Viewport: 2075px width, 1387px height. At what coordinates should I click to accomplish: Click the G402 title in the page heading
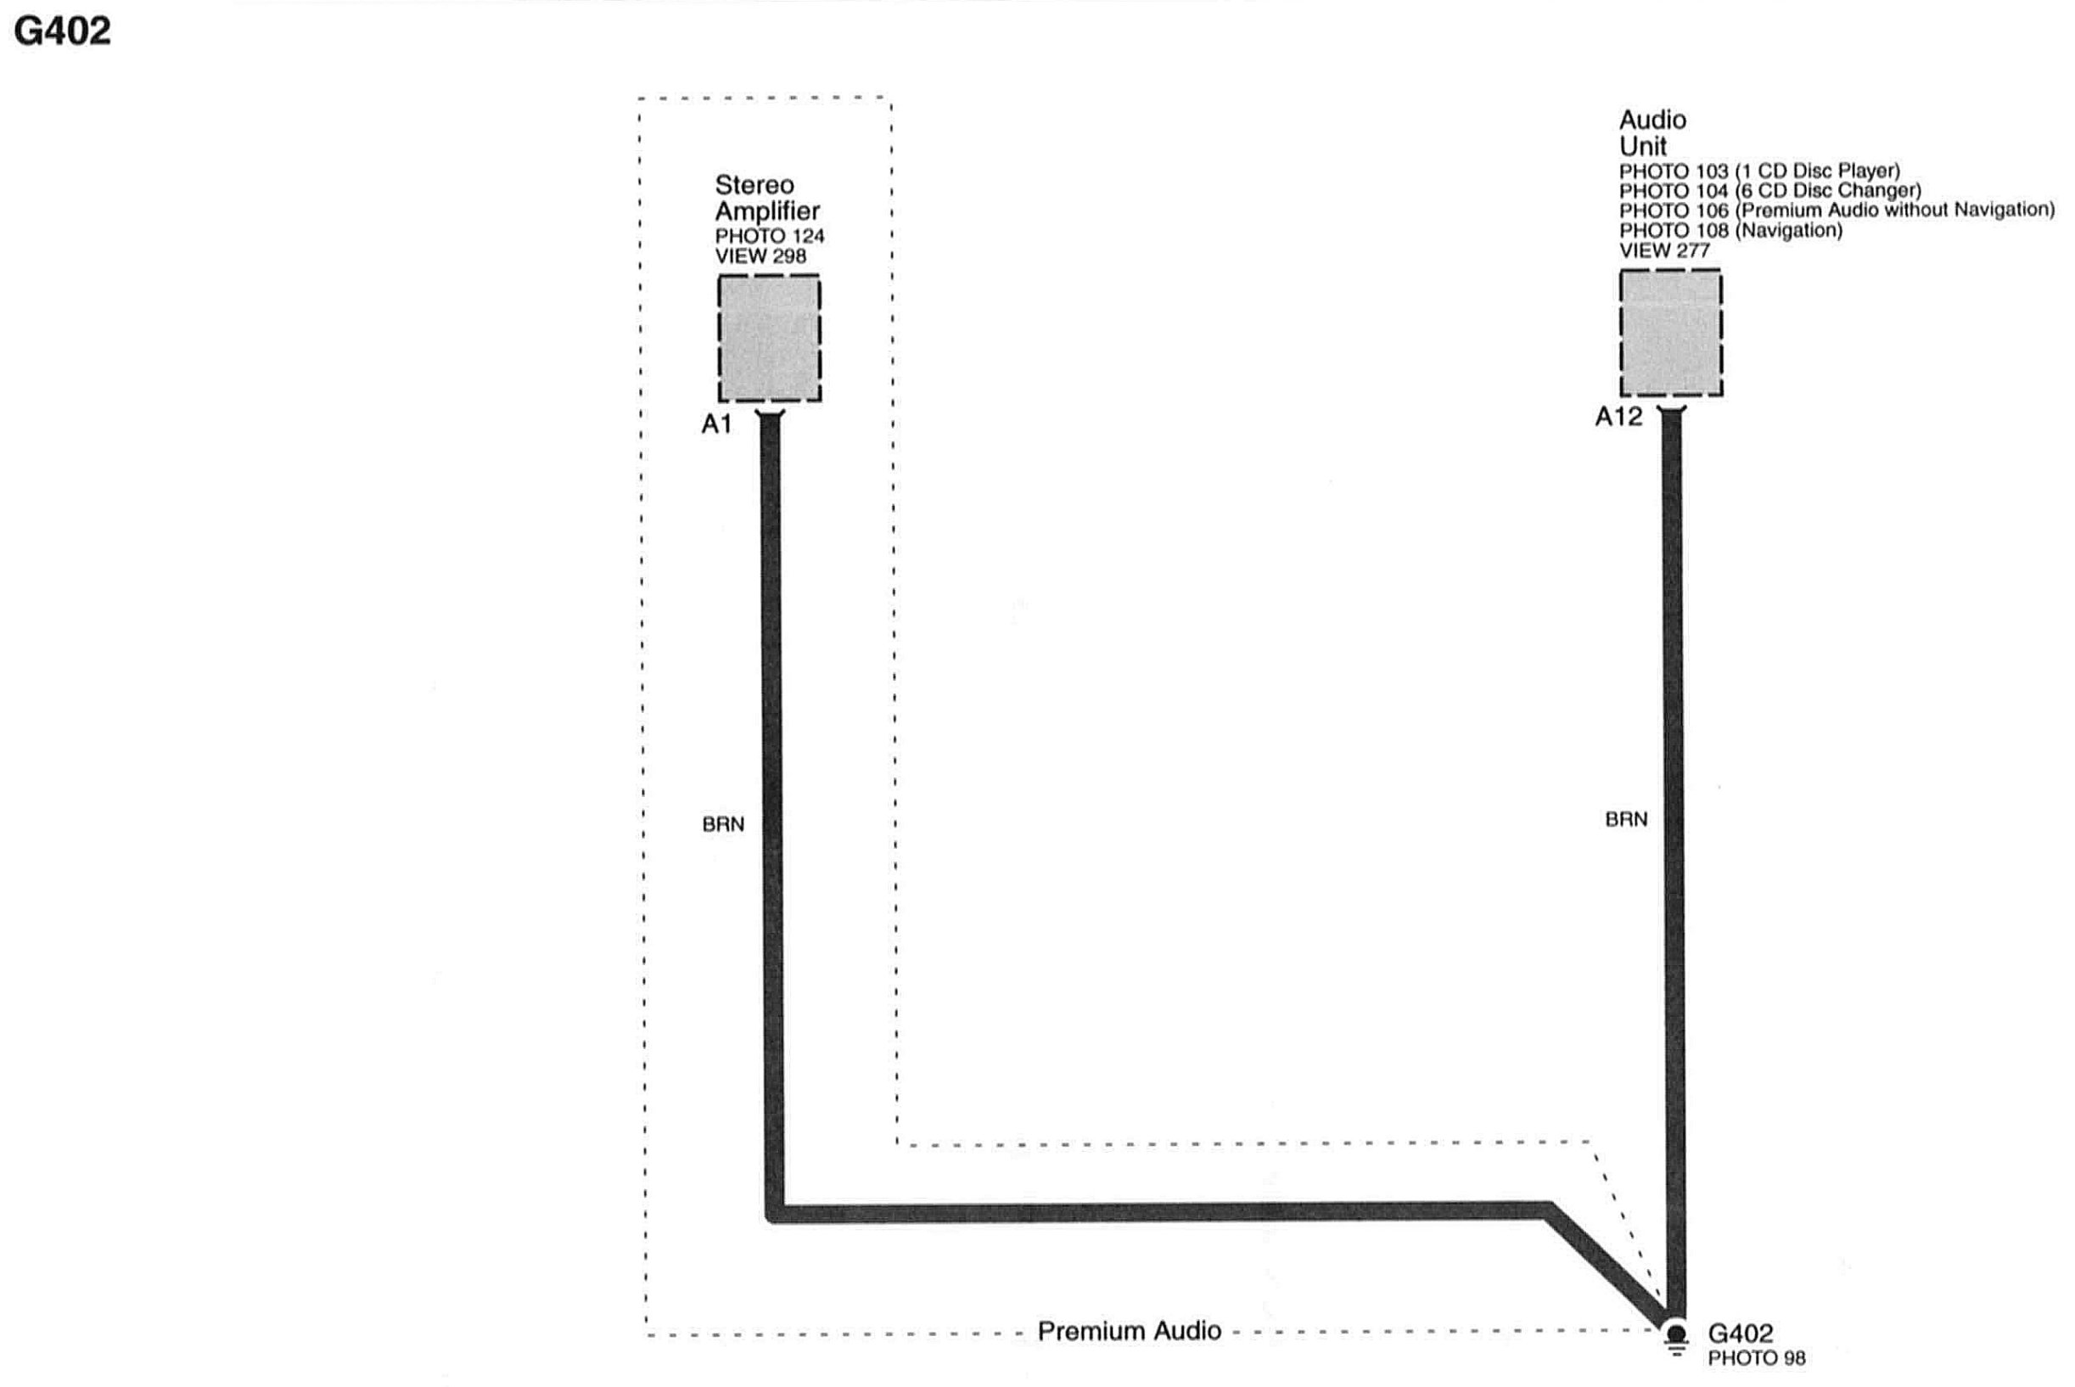pyautogui.click(x=63, y=31)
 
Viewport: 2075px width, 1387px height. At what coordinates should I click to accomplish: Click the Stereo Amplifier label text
pyautogui.click(x=766, y=198)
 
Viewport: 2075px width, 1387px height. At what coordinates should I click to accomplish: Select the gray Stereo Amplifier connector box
pyautogui.click(x=769, y=338)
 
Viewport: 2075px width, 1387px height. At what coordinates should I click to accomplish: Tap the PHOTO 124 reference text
pyautogui.click(x=770, y=236)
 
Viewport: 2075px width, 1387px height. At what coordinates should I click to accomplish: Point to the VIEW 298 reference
pyautogui.click(x=760, y=256)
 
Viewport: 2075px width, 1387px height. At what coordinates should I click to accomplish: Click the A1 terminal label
pyautogui.click(x=716, y=424)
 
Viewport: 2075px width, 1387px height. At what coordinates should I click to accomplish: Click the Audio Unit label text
pyautogui.click(x=1652, y=132)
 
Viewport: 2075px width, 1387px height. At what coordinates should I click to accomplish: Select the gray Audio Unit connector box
pyautogui.click(x=1670, y=333)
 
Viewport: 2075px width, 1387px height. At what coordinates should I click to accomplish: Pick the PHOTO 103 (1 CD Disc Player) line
pyautogui.click(x=1758, y=171)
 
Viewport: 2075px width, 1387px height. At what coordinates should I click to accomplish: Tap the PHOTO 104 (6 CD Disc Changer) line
pyautogui.click(x=1769, y=191)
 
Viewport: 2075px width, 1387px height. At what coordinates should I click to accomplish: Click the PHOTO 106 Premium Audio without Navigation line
pyautogui.click(x=1837, y=211)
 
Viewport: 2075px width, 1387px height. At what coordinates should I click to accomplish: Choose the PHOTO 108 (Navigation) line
pyautogui.click(x=1730, y=231)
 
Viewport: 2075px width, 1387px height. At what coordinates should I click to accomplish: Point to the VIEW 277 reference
pyautogui.click(x=1663, y=251)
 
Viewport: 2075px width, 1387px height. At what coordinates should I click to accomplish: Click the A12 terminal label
pyautogui.click(x=1618, y=417)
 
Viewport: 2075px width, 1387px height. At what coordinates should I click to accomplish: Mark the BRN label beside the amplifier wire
pyautogui.click(x=722, y=824)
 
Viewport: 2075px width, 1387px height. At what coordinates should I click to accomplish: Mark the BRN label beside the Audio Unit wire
pyautogui.click(x=1626, y=820)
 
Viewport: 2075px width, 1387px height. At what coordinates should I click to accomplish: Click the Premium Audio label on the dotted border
pyautogui.click(x=1129, y=1331)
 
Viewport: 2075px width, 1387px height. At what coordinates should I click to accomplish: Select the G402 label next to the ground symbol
pyautogui.click(x=1740, y=1333)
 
